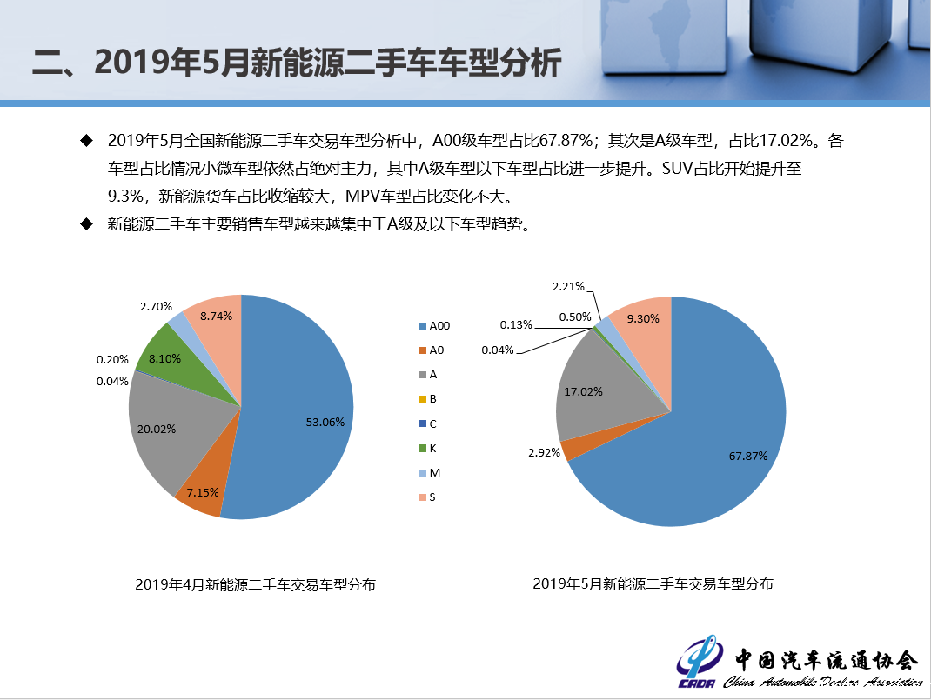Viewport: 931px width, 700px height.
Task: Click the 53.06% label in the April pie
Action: (325, 423)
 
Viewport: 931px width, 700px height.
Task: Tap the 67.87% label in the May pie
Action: (748, 457)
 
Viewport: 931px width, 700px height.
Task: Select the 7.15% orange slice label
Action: (203, 492)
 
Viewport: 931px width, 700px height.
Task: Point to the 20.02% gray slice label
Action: (156, 429)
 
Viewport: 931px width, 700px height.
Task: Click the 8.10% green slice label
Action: (164, 358)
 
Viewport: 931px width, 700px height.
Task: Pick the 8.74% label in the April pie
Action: (216, 317)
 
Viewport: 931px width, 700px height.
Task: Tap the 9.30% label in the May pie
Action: (643, 318)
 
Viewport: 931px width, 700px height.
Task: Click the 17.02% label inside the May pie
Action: (583, 391)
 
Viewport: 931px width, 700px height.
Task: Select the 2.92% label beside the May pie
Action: (544, 453)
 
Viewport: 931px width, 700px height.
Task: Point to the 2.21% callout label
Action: (568, 287)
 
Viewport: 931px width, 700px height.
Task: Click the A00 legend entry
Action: (435, 326)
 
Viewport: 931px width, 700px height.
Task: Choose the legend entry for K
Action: (428, 449)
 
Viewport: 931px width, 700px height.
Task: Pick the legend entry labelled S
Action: (427, 497)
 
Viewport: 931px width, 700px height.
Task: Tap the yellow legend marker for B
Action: (423, 399)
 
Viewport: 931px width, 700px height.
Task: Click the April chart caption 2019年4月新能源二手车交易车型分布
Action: (255, 585)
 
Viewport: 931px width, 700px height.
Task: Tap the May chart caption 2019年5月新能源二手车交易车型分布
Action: (653, 584)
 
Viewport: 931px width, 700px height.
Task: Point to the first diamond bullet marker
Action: (87, 141)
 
